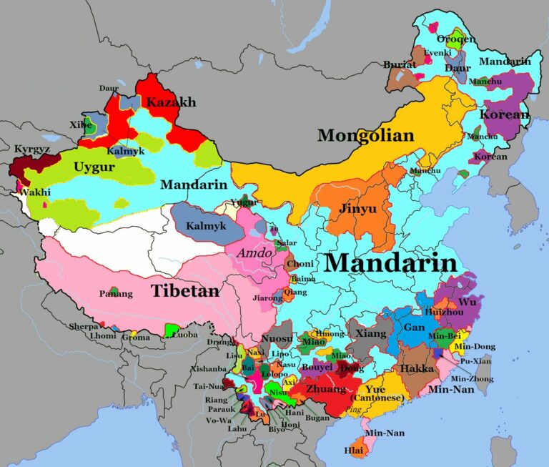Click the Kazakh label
pyautogui.click(x=171, y=103)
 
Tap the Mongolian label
pyautogui.click(x=365, y=135)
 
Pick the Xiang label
pyautogui.click(x=370, y=334)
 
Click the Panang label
pyautogui.click(x=116, y=293)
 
